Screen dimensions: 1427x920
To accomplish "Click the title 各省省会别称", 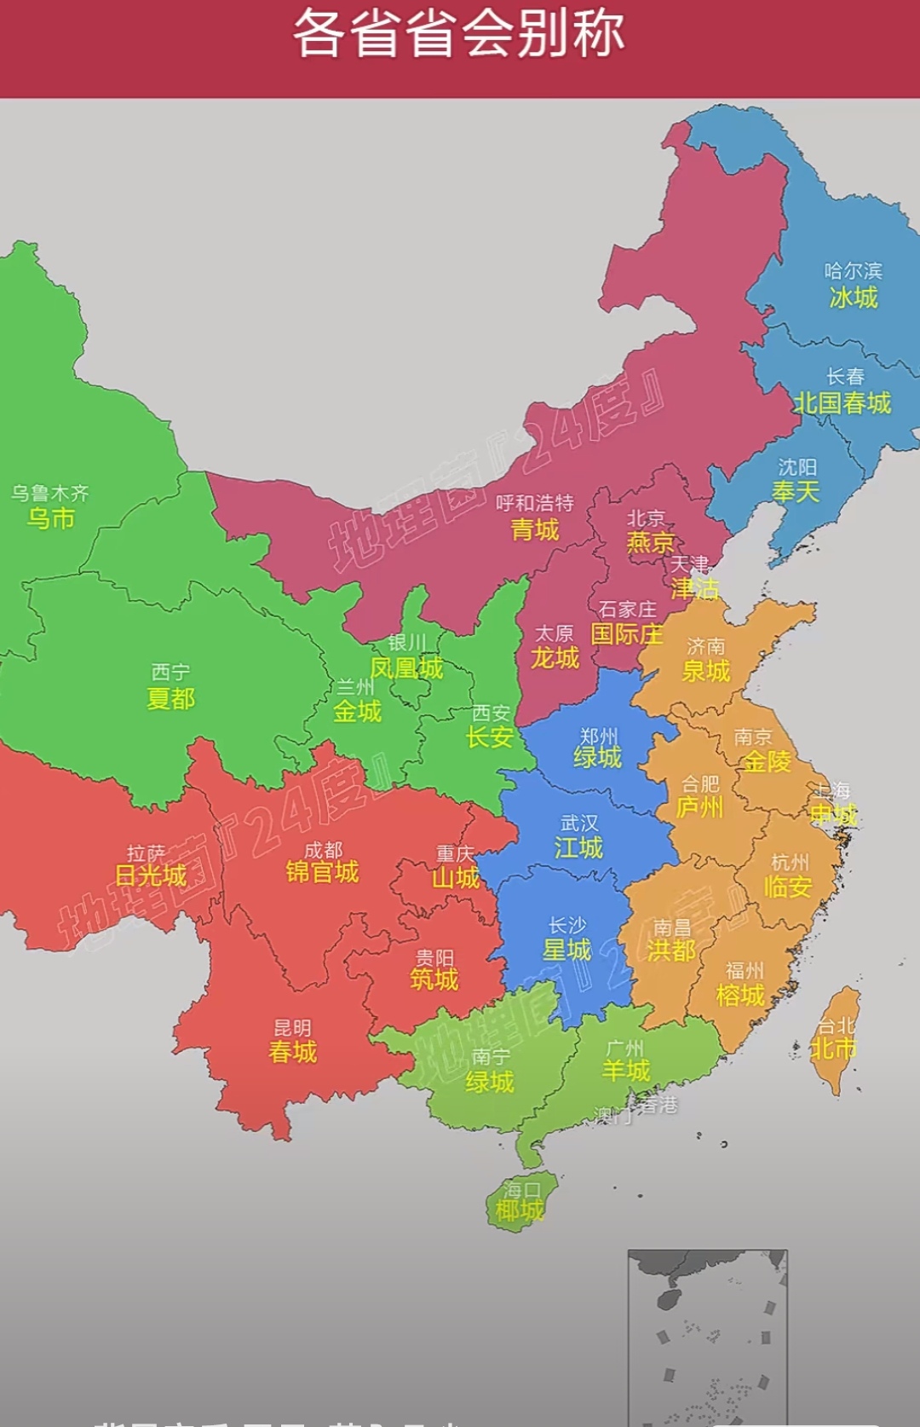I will click(x=459, y=34).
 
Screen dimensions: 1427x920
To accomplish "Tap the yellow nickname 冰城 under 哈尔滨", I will click(x=853, y=298).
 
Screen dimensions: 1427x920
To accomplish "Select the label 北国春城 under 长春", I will click(x=842, y=402).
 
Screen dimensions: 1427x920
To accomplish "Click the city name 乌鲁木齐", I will click(x=49, y=493).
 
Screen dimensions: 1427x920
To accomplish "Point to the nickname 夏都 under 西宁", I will click(x=170, y=699).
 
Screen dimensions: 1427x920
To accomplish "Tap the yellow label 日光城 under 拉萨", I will click(x=151, y=875).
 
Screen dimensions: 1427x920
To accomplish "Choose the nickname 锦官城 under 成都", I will click(x=322, y=872).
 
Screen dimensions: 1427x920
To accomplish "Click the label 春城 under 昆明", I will click(x=292, y=1052).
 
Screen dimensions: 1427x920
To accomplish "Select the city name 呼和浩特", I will click(x=535, y=503).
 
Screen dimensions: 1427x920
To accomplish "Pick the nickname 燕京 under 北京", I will click(x=649, y=542).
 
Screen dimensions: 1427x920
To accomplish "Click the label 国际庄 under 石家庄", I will click(x=627, y=634).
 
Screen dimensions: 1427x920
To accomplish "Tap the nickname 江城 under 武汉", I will click(x=578, y=847).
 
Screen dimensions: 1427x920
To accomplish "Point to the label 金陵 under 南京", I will click(x=767, y=761).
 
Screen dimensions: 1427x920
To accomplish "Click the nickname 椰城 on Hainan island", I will click(x=520, y=1210).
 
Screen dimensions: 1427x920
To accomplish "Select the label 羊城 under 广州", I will click(x=626, y=1071).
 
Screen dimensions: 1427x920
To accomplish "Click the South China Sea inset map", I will click(x=707, y=1334).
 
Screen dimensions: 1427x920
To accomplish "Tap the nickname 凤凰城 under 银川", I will click(x=406, y=668).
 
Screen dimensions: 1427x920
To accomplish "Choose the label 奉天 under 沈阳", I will click(x=796, y=492).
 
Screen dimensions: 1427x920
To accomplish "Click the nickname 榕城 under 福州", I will click(x=740, y=996).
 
